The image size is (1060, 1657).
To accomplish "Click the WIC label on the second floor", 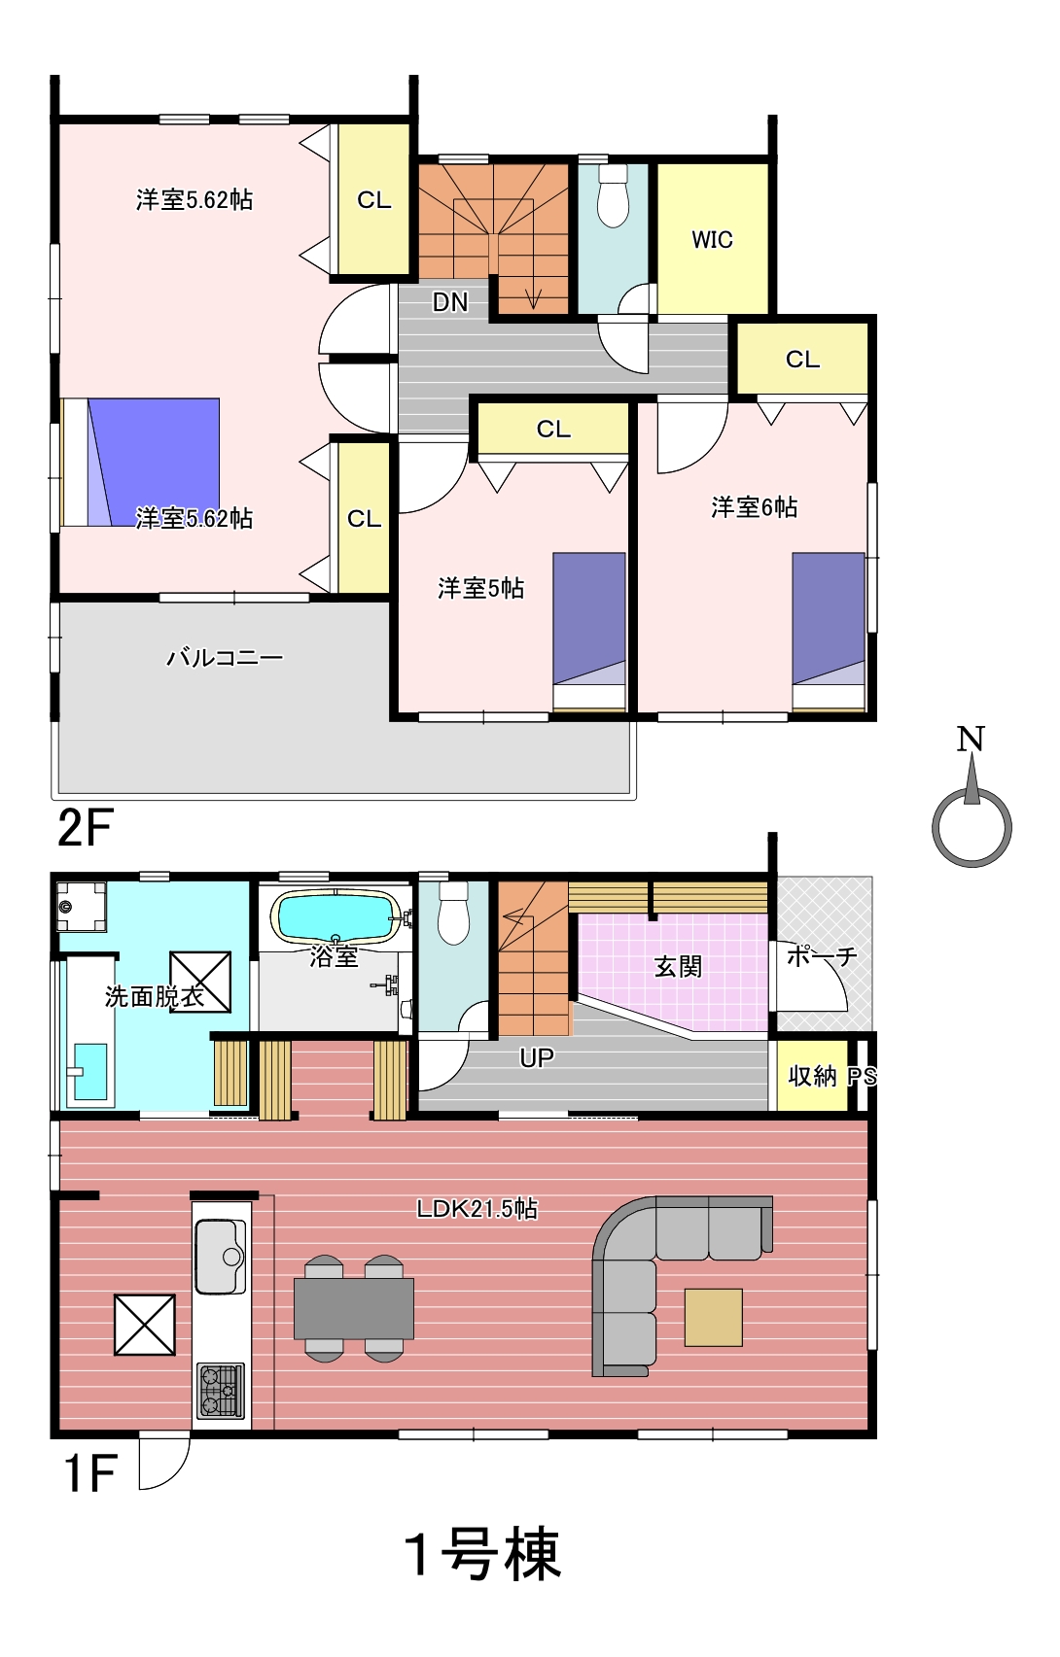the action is coord(712,240).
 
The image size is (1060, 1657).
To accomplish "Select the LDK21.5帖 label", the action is coord(477,1209).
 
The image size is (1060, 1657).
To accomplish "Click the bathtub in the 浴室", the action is coord(336,917).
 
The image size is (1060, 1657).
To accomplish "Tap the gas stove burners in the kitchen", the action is coord(220,1390).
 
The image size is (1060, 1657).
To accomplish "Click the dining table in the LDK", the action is coord(354,1308).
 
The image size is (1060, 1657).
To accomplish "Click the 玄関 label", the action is coord(677,966).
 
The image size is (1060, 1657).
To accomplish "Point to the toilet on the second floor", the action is coord(613,194).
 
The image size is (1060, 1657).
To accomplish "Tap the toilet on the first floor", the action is coord(454,913).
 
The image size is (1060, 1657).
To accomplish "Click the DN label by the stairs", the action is coord(450,302).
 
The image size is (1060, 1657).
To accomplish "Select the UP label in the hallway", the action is coord(537,1058).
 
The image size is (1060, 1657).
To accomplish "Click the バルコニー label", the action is coord(225,657).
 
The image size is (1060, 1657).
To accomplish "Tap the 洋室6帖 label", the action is coord(755,507).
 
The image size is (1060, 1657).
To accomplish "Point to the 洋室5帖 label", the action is coord(481,588).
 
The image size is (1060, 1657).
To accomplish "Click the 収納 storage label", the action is coord(812,1076).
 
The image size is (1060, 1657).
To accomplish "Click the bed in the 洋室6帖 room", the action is coord(829,632).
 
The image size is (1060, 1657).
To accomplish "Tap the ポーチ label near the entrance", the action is coord(822,956).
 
